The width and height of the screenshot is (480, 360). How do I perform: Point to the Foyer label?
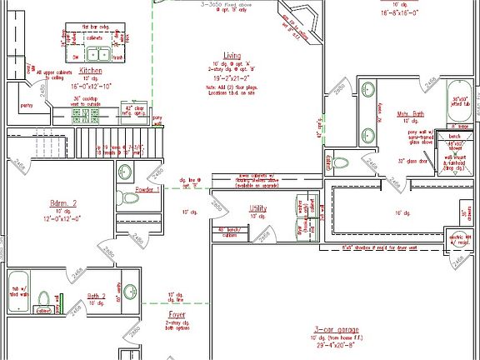177,315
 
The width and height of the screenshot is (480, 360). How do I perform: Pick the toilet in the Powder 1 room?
126,173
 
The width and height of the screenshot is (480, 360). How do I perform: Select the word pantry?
27,106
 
